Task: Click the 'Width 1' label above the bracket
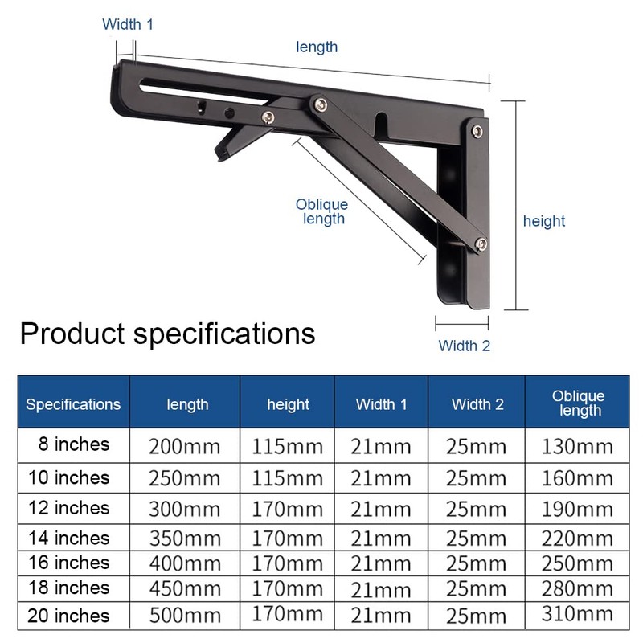127,24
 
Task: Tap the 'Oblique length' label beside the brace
322,212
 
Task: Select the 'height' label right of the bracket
544,221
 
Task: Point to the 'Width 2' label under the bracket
464,346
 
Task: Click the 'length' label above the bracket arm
317,47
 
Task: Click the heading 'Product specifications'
167,333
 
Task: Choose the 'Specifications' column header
73,404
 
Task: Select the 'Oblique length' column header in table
577,403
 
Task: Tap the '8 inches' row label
72,444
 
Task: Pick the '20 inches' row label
68,616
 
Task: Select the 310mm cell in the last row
576,616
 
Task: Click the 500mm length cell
184,616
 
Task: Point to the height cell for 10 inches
287,478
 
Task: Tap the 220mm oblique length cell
576,538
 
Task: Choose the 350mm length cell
184,538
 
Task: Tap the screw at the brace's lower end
480,244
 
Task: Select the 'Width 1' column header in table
381,404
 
